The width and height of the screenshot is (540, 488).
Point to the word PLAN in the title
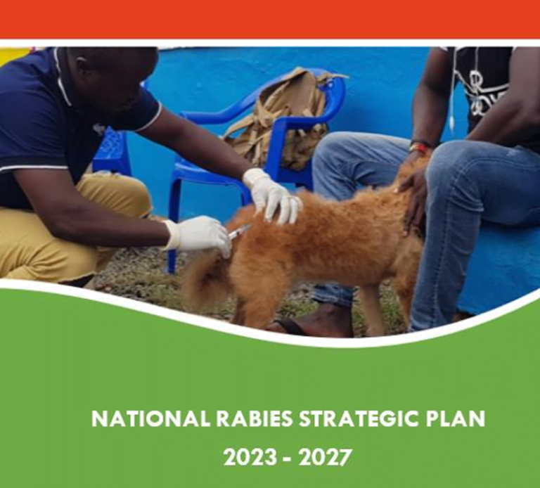point(454,419)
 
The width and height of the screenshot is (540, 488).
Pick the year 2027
point(324,458)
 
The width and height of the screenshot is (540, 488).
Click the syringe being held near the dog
point(239,231)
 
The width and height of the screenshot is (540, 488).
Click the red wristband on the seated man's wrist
point(420,148)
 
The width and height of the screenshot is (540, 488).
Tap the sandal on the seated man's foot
point(292,326)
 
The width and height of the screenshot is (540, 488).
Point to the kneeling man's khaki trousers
point(70,225)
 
